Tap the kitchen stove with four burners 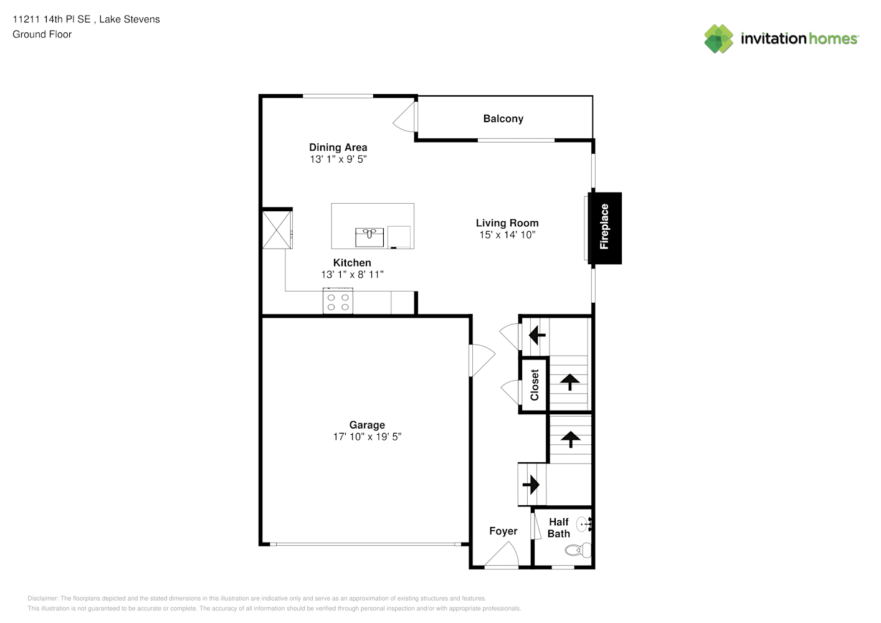coord(338,301)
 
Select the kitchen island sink coord(369,237)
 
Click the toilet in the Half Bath coord(578,550)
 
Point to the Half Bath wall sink coord(584,525)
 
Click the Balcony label coord(503,119)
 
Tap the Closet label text coord(534,385)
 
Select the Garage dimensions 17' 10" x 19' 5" coord(368,437)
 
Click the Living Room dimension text coord(507,235)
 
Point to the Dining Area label coord(338,148)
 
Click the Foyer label coord(503,531)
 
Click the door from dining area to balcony coord(405,117)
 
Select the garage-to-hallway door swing coord(482,360)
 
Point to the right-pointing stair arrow coord(531,485)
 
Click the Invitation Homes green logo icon coord(718,39)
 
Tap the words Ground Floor coord(42,35)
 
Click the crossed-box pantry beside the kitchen coord(277,230)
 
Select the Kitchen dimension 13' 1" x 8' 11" coord(353,275)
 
